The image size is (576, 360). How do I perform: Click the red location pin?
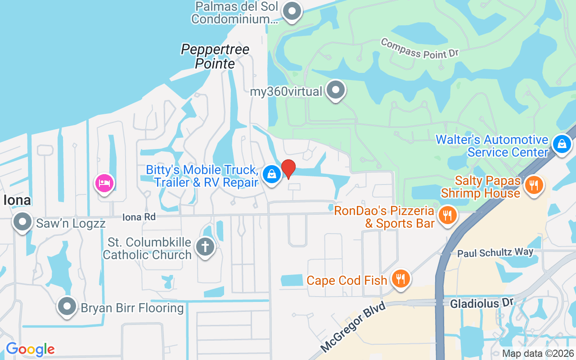click(x=288, y=169)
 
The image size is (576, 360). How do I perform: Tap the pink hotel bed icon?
click(x=104, y=183)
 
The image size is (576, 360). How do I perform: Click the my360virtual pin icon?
click(x=335, y=90)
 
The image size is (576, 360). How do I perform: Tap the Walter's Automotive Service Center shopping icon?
click(x=562, y=144)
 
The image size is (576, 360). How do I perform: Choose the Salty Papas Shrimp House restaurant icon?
click(x=534, y=184)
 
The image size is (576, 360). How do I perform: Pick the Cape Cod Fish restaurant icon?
click(x=400, y=279)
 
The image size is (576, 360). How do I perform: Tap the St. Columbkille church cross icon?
click(x=205, y=247)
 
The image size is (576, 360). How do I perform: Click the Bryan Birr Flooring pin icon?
click(x=67, y=307)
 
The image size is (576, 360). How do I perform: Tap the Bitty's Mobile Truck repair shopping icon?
click(x=271, y=174)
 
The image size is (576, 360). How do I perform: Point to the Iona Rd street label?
click(x=139, y=217)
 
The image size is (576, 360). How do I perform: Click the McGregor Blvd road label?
click(x=354, y=327)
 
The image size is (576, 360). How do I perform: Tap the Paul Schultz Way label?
click(x=495, y=253)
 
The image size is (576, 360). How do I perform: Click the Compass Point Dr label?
click(x=419, y=48)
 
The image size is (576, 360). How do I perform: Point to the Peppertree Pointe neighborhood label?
click(x=215, y=56)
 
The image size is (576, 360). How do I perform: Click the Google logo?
click(x=30, y=349)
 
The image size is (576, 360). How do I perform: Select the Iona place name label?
click(x=17, y=200)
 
